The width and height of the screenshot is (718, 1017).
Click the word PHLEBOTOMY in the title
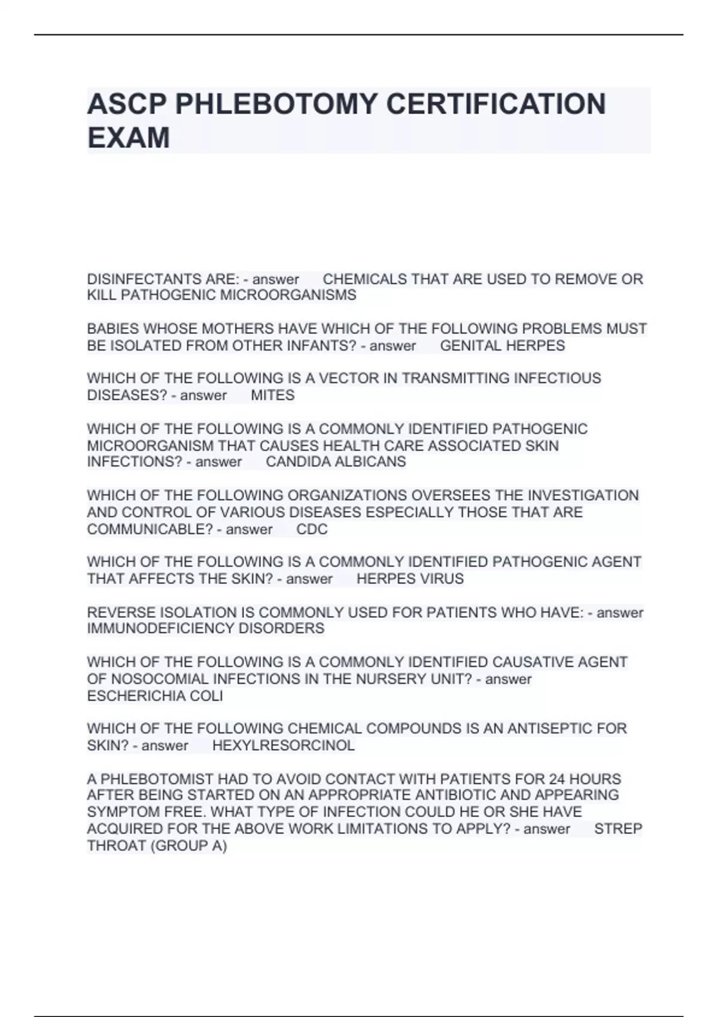pyautogui.click(x=276, y=104)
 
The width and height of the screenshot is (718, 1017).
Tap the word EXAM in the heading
pyautogui.click(x=129, y=138)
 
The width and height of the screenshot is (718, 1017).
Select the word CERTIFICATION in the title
pyautogui.click(x=495, y=104)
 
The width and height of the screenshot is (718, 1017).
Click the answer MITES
pyautogui.click(x=273, y=395)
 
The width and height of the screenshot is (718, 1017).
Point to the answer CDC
pyautogui.click(x=312, y=529)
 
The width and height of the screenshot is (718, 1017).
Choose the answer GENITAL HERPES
pyautogui.click(x=502, y=346)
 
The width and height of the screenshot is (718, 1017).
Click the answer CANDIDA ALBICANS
pyautogui.click(x=336, y=462)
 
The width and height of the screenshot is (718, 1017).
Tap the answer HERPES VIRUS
pyautogui.click(x=410, y=579)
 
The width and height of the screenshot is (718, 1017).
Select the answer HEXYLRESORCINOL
pyautogui.click(x=284, y=745)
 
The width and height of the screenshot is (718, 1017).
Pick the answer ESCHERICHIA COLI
pyautogui.click(x=155, y=696)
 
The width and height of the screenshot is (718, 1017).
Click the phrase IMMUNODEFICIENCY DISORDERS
pyautogui.click(x=206, y=629)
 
